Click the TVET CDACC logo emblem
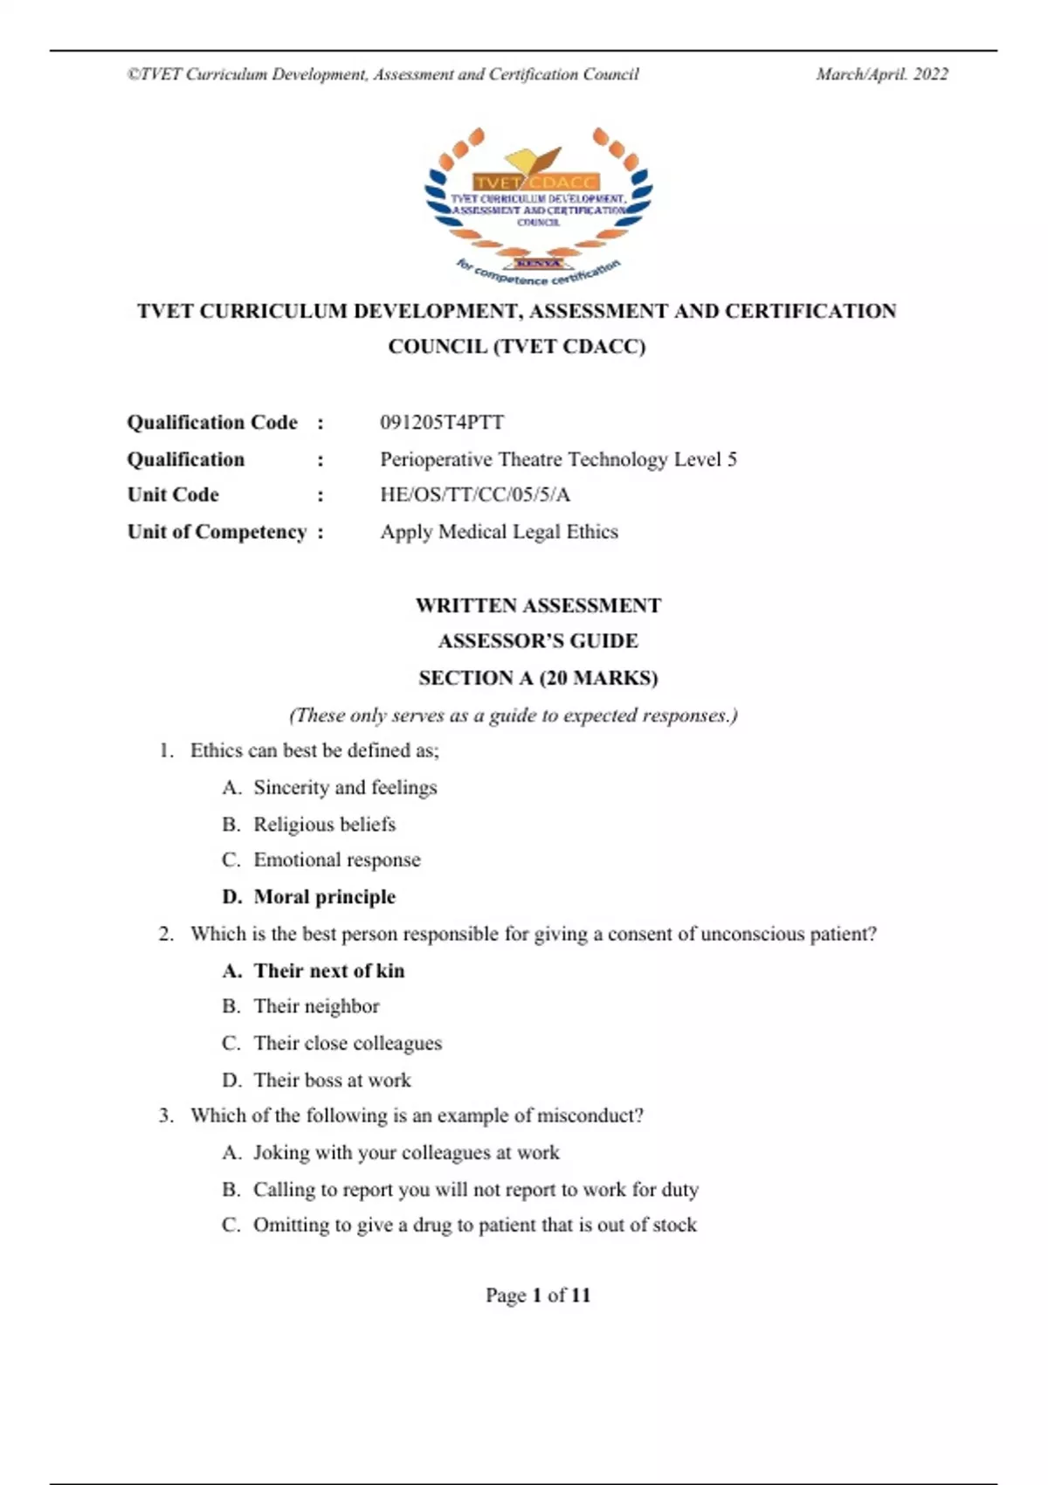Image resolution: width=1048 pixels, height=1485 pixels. coord(538,206)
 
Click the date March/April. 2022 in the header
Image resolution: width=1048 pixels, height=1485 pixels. coord(881,74)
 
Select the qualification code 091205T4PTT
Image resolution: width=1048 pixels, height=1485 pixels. coord(442,423)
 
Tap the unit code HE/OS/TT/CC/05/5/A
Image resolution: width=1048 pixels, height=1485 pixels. coord(475,495)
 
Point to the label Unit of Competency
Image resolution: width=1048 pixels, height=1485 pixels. coord(217,532)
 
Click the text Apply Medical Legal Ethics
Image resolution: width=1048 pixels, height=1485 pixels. coord(499,532)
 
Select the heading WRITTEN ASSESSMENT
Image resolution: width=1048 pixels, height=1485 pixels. coord(538,605)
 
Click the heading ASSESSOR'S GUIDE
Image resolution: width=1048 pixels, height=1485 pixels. coord(538,641)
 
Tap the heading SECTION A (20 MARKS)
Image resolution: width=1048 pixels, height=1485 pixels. coord(538,678)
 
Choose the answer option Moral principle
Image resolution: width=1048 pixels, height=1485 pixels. coord(324,897)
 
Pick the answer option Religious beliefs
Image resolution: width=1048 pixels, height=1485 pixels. coord(324,825)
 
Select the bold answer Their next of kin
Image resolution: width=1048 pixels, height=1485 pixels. coord(329,970)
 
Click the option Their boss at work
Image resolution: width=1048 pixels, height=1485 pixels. coord(332,1081)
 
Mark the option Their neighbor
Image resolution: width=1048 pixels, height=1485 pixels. coord(316,1006)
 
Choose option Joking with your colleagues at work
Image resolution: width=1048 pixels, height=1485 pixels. coord(406,1153)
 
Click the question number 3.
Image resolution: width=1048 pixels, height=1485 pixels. coord(165,1115)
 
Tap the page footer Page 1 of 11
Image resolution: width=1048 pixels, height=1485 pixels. coord(538,1295)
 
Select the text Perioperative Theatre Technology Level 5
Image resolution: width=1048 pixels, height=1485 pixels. coord(558,459)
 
